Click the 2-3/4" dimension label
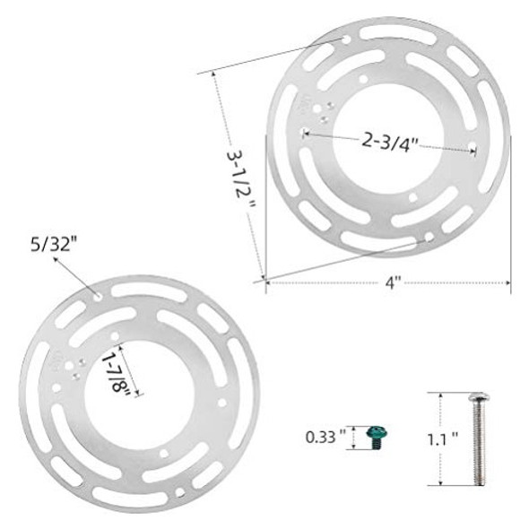coord(391,142)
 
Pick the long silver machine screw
coord(479,439)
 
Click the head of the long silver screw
coord(479,397)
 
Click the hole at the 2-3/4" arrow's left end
coord(301,133)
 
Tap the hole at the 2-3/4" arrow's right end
coord(475,148)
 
